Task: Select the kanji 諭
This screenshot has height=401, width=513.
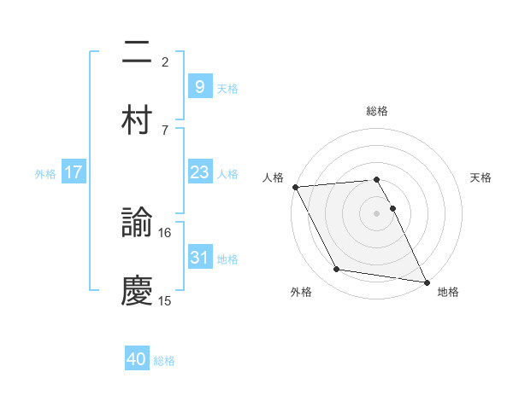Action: click(137, 224)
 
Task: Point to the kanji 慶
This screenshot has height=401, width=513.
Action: click(137, 290)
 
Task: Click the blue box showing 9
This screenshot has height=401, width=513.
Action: click(199, 87)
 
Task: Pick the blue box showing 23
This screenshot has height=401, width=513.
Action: click(199, 173)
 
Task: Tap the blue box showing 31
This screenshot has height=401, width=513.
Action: click(199, 258)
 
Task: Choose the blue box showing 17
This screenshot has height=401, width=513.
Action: click(74, 173)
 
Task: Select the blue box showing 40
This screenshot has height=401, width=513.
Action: click(137, 360)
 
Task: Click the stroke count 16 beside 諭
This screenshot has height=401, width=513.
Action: click(165, 232)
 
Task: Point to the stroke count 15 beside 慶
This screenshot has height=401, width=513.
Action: click(165, 300)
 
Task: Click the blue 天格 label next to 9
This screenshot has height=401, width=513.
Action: click(227, 88)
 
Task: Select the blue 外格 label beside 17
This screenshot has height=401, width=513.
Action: click(45, 174)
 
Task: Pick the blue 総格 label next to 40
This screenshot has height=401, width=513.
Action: click(164, 361)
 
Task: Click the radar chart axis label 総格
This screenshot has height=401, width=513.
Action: click(377, 111)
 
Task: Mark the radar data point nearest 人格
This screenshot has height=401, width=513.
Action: click(295, 187)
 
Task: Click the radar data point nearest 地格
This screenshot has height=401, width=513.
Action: click(425, 281)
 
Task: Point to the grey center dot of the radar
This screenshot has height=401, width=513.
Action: click(377, 213)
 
